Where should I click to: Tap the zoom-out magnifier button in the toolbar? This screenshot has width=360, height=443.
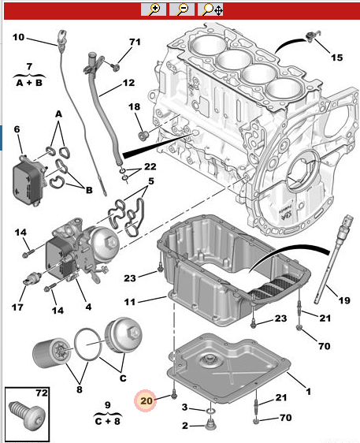181,9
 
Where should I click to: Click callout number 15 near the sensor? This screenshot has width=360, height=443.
336,58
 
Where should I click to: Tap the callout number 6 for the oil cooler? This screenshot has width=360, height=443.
17,129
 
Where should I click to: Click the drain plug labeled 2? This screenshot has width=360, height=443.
210,426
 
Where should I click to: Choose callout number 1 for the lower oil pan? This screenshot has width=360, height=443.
308,391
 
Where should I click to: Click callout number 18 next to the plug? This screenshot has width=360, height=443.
134,106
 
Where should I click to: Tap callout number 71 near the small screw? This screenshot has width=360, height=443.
134,42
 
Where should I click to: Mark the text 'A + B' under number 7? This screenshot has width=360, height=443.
29,80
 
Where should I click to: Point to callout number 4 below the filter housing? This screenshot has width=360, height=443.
88,306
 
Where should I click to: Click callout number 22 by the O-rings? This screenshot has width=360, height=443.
150,166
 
